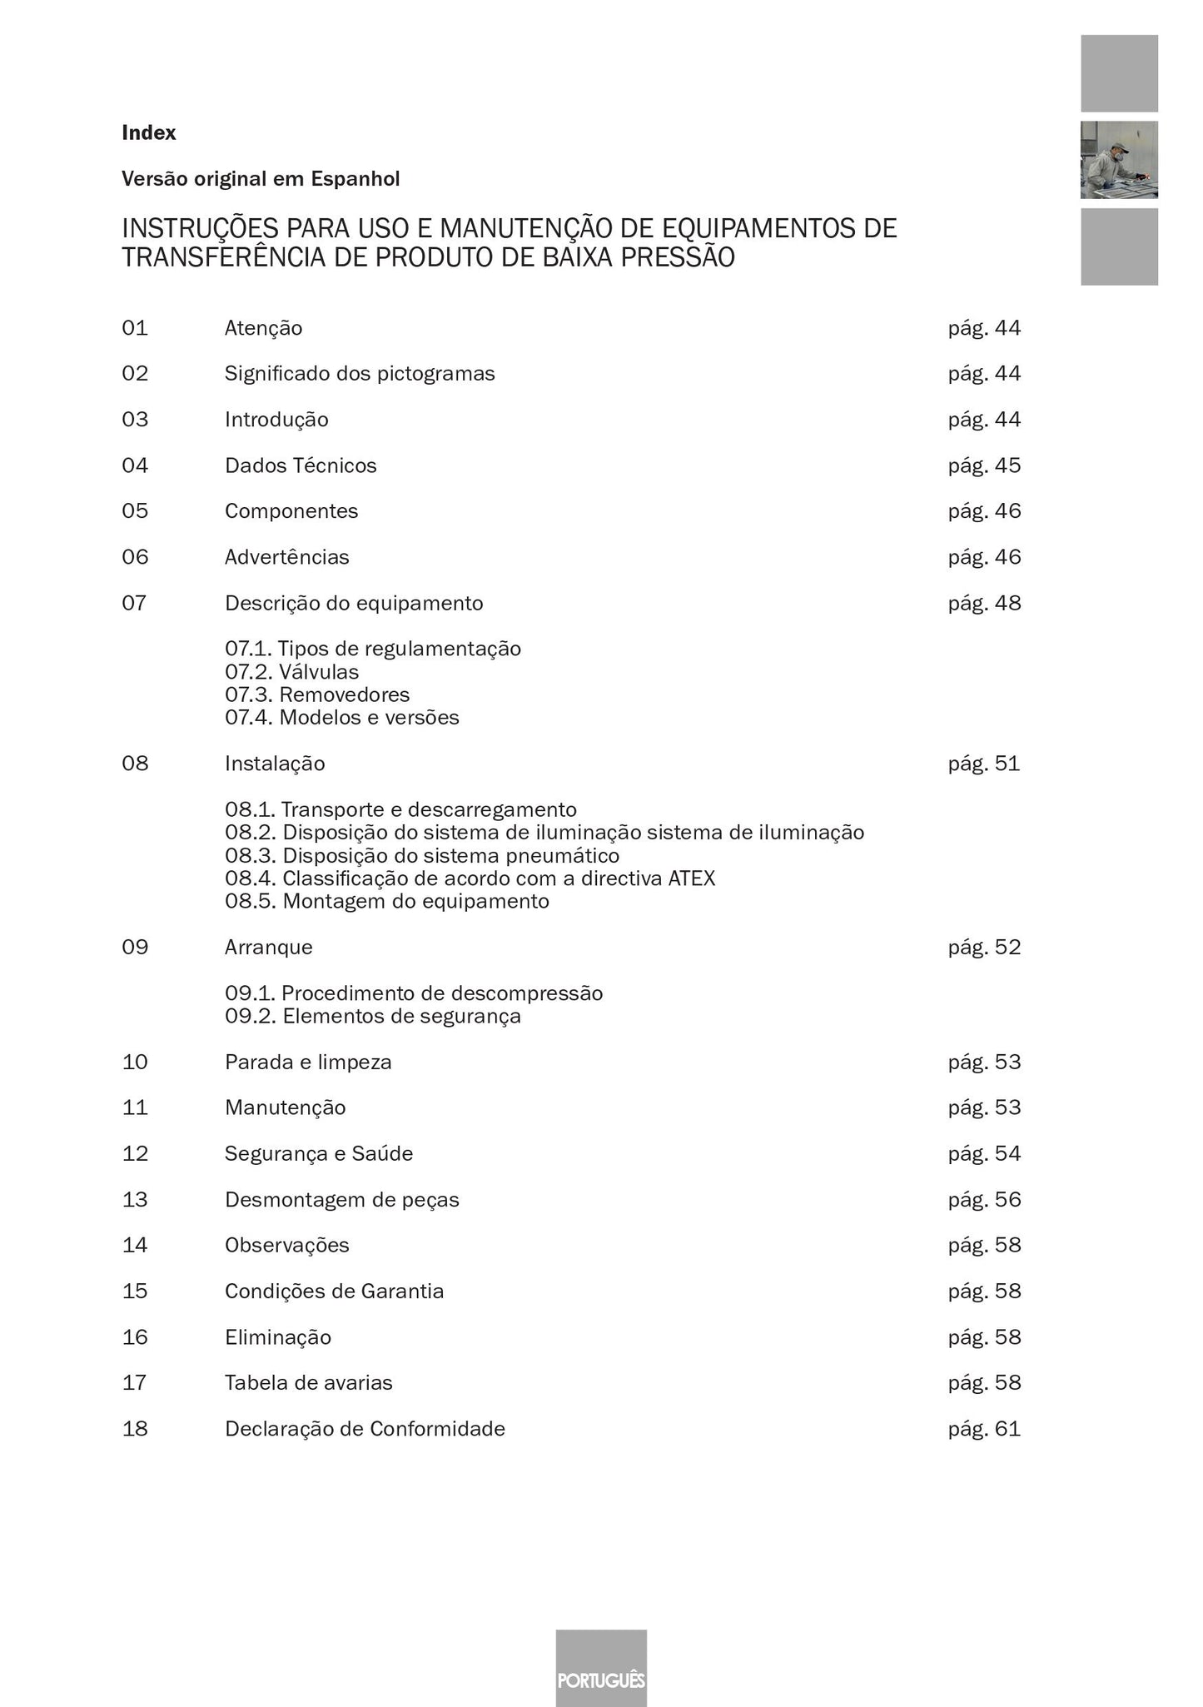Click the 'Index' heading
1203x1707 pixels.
pyautogui.click(x=149, y=132)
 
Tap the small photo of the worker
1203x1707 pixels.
pyautogui.click(x=1119, y=160)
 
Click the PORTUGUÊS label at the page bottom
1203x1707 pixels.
pyautogui.click(x=601, y=1680)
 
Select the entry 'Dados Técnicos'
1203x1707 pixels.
pyautogui.click(x=301, y=465)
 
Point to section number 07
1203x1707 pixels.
pyautogui.click(x=135, y=603)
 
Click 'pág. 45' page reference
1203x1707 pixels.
pyautogui.click(x=984, y=465)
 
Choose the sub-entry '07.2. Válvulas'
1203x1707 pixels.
pyautogui.click(x=292, y=672)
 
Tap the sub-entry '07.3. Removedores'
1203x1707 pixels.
pyautogui.click(x=317, y=694)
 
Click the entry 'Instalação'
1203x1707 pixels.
pyautogui.click(x=275, y=764)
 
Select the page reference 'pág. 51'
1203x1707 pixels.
pyautogui.click(x=984, y=764)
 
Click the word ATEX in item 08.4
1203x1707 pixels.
pyautogui.click(x=691, y=878)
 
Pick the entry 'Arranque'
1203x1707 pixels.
pyautogui.click(x=269, y=948)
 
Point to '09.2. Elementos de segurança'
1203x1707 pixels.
pyautogui.click(x=373, y=1016)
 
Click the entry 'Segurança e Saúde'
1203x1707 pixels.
pyautogui.click(x=319, y=1153)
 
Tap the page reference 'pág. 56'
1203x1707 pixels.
pyautogui.click(x=984, y=1200)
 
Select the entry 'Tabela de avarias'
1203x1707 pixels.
pyautogui.click(x=309, y=1383)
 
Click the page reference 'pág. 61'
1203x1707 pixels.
pyautogui.click(x=984, y=1429)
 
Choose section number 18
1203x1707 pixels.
pyautogui.click(x=135, y=1429)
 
